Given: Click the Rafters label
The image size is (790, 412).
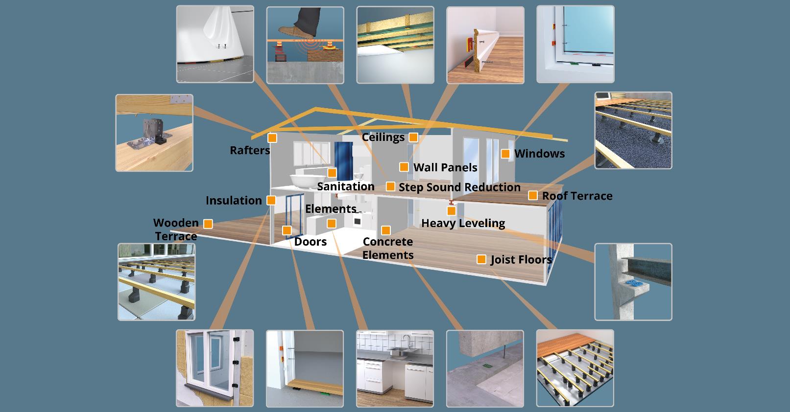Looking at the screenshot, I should pyautogui.click(x=250, y=150).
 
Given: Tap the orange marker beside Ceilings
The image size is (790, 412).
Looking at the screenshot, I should pyautogui.click(x=413, y=137).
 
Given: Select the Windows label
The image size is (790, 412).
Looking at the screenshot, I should pyautogui.click(x=539, y=154).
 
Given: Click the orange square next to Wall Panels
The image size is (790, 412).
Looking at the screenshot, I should pyautogui.click(x=404, y=167).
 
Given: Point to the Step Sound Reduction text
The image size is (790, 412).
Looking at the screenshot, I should pyautogui.click(x=459, y=187).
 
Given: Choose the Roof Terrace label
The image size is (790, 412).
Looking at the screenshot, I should pyautogui.click(x=577, y=196).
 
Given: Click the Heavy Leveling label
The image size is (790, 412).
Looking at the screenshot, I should pyautogui.click(x=463, y=223).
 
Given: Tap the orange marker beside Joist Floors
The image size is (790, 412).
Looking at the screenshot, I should pyautogui.click(x=481, y=259).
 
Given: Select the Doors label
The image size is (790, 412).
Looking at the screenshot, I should pyautogui.click(x=310, y=242).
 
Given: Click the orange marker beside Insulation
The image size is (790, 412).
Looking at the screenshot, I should pyautogui.click(x=271, y=200).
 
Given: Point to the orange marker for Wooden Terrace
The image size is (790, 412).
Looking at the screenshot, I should pyautogui.click(x=208, y=224).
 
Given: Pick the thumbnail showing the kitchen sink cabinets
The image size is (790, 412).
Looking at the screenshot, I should pyautogui.click(x=395, y=368).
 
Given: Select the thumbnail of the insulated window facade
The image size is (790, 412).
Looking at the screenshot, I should pyautogui.click(x=215, y=368).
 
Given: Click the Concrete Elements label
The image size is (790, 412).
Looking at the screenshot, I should pyautogui.click(x=388, y=248).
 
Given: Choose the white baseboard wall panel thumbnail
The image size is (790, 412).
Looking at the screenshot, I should pyautogui.click(x=485, y=45).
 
